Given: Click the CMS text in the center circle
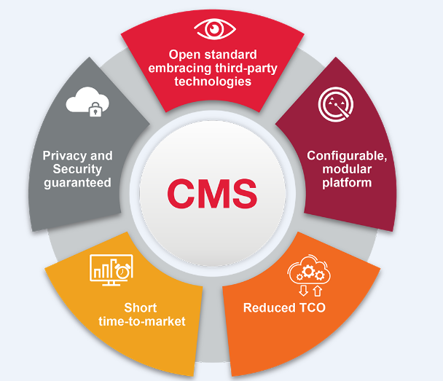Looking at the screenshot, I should click(x=212, y=192).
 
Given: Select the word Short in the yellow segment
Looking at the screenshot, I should click(x=140, y=307).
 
